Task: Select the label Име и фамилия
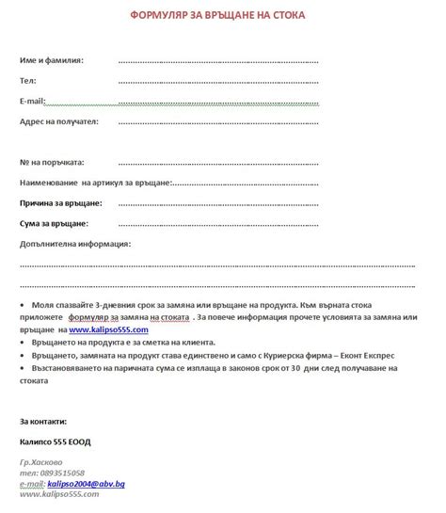[x=52, y=60]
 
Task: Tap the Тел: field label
[x=28, y=81]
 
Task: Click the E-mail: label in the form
[x=32, y=101]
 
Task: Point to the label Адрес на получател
[x=58, y=121]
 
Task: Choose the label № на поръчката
[x=53, y=162]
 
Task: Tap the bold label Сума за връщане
[x=54, y=223]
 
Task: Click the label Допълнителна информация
[x=74, y=244]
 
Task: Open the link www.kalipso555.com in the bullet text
[x=108, y=330]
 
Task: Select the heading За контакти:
[x=43, y=420]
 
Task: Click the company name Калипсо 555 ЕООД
[x=56, y=441]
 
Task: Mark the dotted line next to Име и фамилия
[x=218, y=61]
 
